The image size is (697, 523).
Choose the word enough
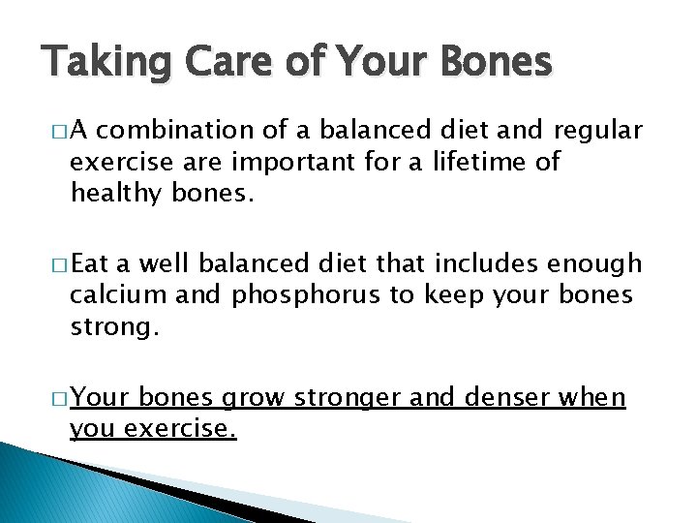593,264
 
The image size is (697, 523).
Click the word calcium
115,294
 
